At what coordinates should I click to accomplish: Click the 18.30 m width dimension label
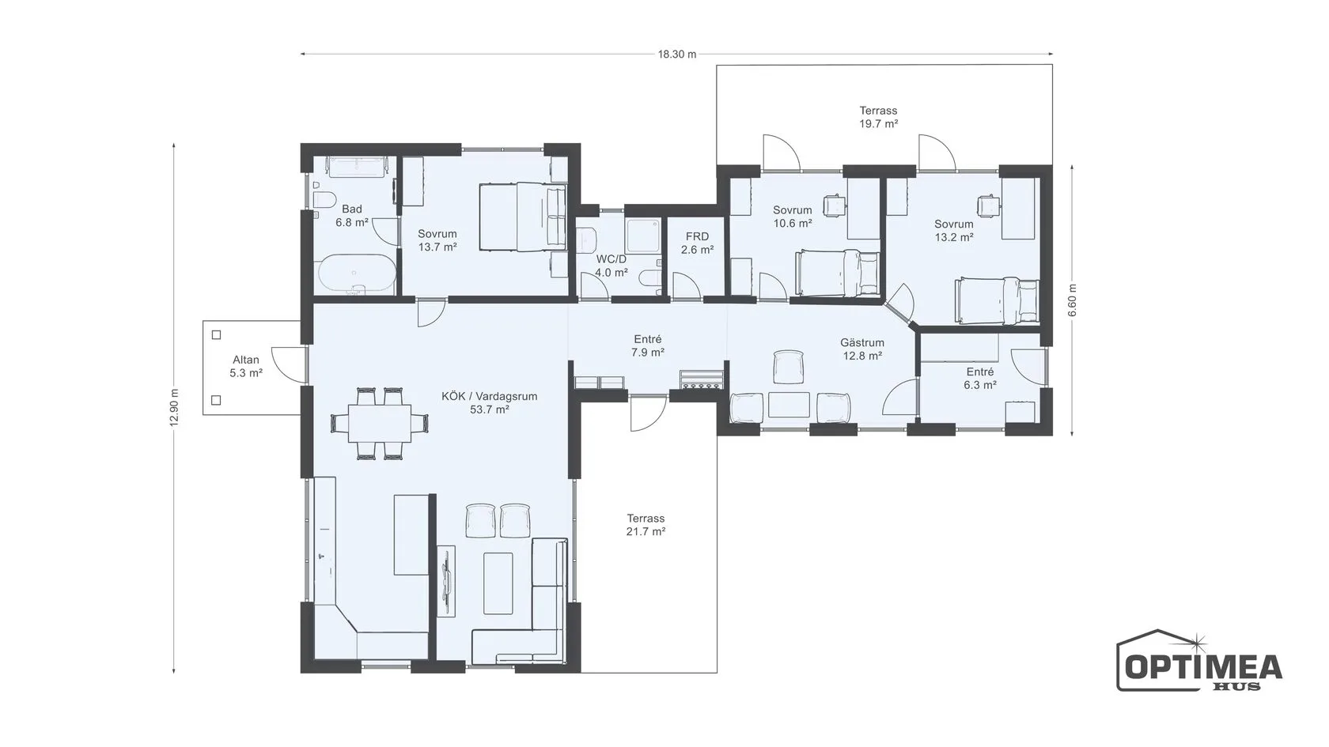click(677, 55)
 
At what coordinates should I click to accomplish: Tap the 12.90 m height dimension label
click(174, 408)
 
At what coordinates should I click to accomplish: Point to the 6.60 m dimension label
click(1072, 300)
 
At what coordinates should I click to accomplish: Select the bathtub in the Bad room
click(357, 274)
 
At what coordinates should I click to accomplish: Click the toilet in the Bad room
click(324, 200)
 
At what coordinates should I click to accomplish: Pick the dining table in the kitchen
click(380, 423)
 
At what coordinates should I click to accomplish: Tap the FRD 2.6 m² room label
click(697, 243)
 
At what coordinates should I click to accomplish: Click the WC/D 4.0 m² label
click(611, 266)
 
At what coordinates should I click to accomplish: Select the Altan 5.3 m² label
click(246, 367)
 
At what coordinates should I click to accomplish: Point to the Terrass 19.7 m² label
click(879, 117)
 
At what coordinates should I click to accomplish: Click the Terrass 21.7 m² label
click(646, 525)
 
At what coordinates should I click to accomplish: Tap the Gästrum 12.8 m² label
click(862, 349)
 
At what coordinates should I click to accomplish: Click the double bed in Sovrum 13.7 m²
click(523, 217)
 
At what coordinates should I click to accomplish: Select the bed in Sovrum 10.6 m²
click(837, 273)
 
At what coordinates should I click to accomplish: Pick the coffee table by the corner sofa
click(498, 583)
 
